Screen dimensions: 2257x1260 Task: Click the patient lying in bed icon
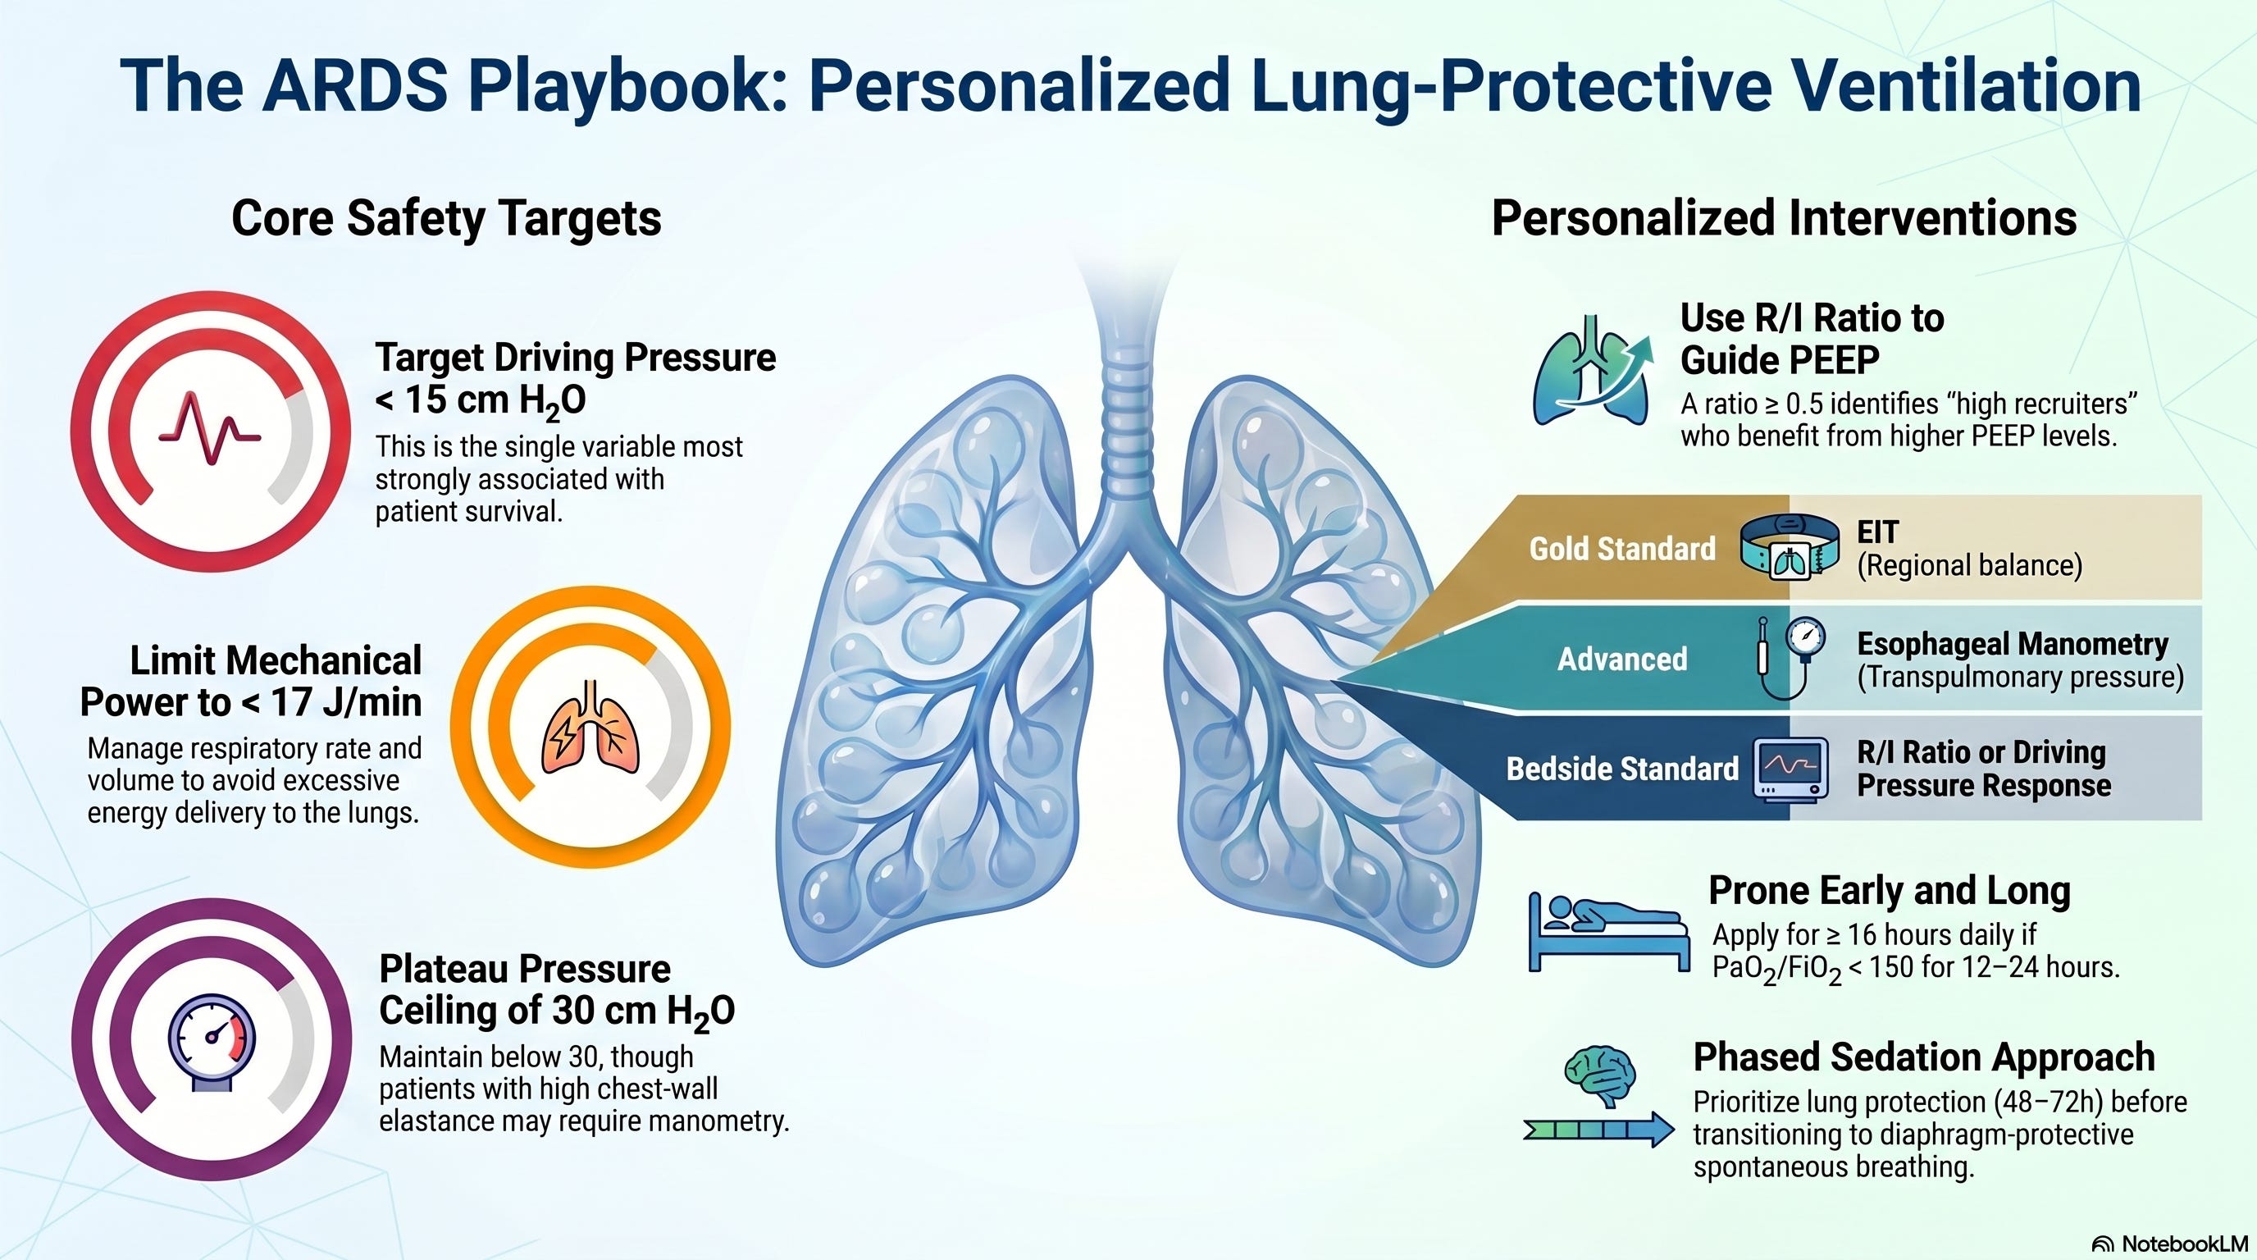[x=1608, y=931]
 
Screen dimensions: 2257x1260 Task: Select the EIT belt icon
[x=1787, y=548]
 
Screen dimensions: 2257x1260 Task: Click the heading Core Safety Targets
[x=446, y=218]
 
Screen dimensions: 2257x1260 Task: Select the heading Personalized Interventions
[x=1784, y=218]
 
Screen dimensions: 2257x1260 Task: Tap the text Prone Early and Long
[x=1889, y=891]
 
